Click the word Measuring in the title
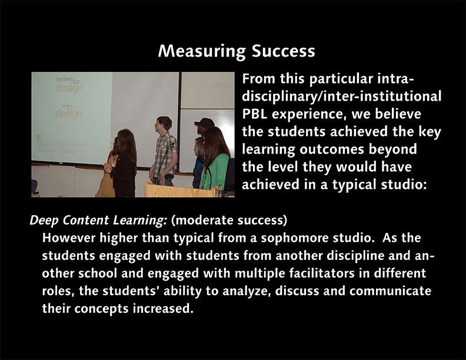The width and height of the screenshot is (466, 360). coord(202,52)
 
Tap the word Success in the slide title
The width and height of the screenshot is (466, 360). coord(283,51)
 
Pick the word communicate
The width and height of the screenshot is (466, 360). coord(390,291)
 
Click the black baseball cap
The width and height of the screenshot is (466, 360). coord(204,123)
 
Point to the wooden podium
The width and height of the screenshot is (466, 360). coord(182,190)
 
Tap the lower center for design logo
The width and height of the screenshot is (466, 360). coord(69,111)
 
